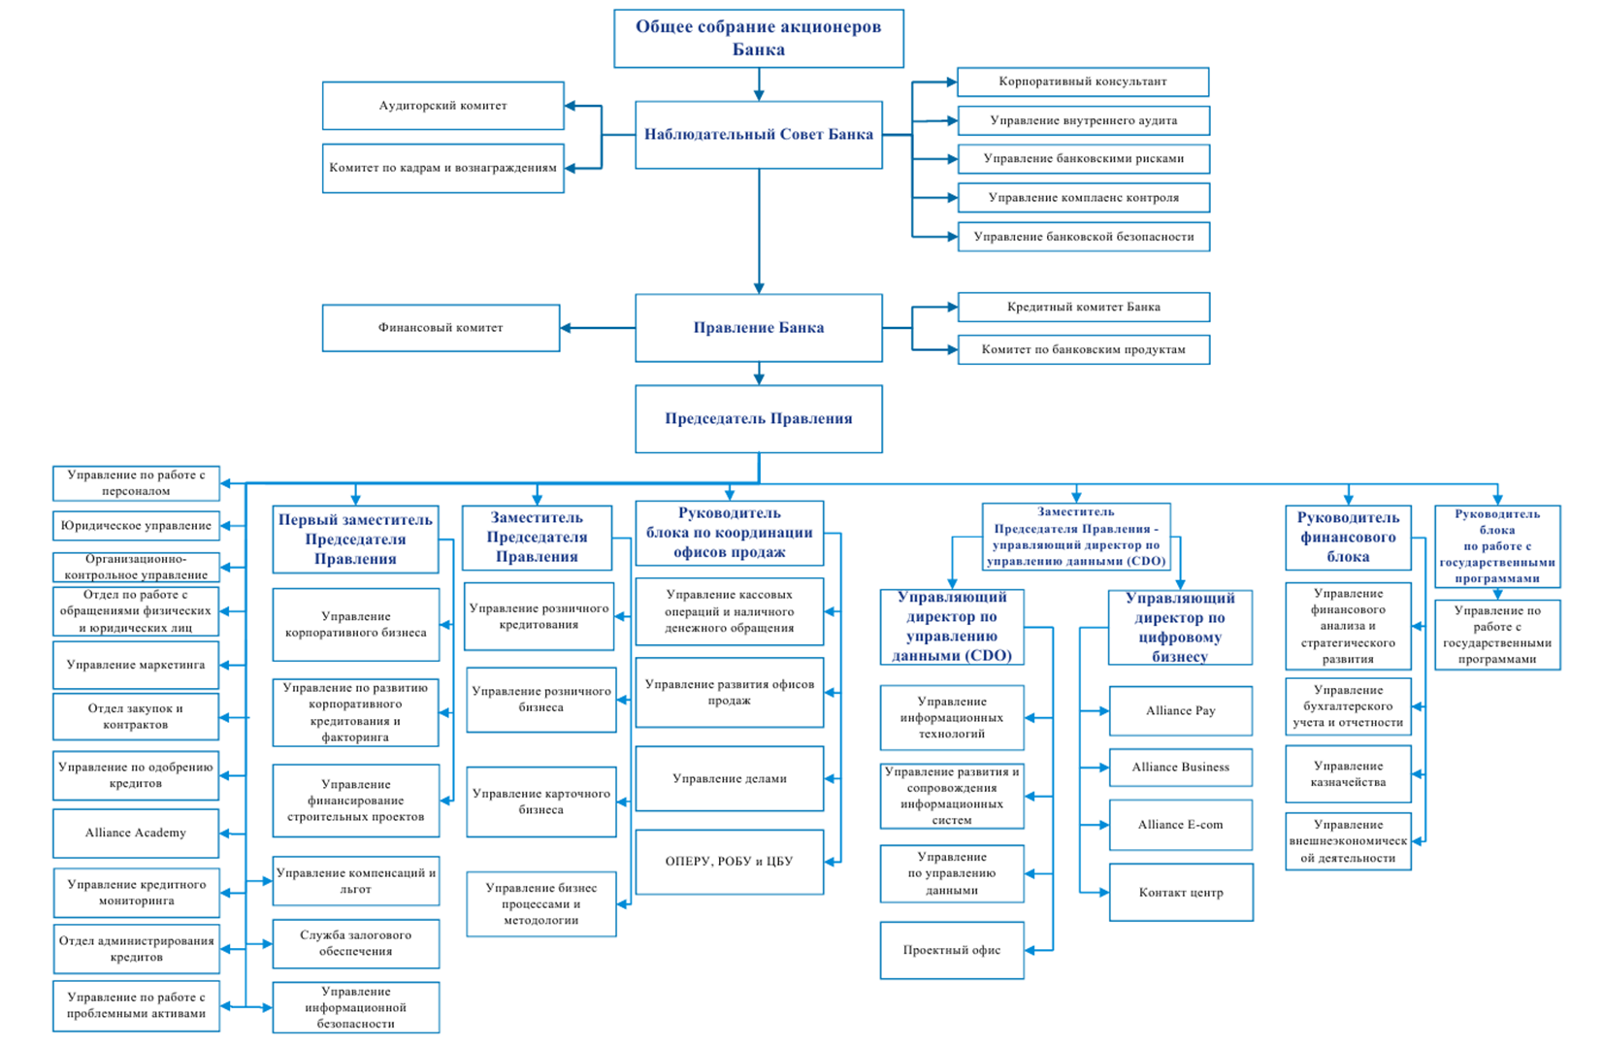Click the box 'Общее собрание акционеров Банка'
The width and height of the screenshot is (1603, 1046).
tap(759, 39)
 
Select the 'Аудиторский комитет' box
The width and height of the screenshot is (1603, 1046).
tap(443, 106)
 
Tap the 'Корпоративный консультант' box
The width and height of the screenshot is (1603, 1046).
tap(1083, 82)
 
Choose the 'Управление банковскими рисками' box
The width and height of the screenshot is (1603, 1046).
tap(1084, 159)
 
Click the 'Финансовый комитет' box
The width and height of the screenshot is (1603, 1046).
tap(441, 328)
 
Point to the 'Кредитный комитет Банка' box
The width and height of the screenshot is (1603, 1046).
tap(1084, 307)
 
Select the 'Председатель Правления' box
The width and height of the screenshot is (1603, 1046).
tap(759, 419)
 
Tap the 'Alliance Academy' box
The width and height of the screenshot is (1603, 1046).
tap(136, 834)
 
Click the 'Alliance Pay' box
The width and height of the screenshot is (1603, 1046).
tap(1181, 711)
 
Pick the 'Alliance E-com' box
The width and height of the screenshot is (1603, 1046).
tap(1181, 825)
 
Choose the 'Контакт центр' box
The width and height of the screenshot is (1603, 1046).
tap(1181, 892)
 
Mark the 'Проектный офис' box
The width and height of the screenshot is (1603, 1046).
tap(952, 950)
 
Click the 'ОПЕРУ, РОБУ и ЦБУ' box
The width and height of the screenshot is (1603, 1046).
tap(730, 863)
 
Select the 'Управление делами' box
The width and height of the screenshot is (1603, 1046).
tap(730, 778)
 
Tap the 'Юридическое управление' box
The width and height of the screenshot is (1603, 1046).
tap(136, 526)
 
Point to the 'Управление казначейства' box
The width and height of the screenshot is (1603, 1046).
tap(1348, 774)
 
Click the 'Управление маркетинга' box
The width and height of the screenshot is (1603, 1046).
tap(136, 666)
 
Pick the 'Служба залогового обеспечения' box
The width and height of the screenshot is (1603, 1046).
tap(356, 944)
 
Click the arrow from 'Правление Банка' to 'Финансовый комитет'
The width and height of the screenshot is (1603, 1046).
tap(598, 328)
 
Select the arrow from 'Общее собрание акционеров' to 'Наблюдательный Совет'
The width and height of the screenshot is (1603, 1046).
tap(759, 84)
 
